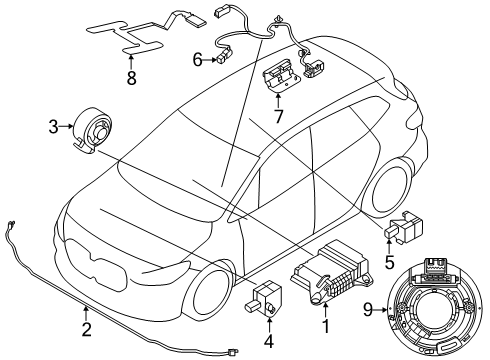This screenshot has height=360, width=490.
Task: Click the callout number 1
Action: [325, 326]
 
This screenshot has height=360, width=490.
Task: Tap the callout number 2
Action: [86, 330]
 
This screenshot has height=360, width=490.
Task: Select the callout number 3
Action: [53, 127]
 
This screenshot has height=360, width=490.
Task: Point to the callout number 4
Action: [269, 341]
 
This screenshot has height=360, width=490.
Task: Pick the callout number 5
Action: [389, 262]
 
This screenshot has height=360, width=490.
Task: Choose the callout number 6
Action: [198, 60]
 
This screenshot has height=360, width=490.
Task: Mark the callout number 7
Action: [278, 116]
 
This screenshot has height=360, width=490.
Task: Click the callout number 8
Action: [132, 78]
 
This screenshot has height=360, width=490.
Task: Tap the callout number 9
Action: [368, 310]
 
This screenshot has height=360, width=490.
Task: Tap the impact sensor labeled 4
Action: [264, 297]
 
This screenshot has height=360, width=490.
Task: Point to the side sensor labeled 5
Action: [403, 227]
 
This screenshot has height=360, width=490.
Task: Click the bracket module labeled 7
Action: [282, 74]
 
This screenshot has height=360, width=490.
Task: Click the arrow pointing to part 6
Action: [210, 60]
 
